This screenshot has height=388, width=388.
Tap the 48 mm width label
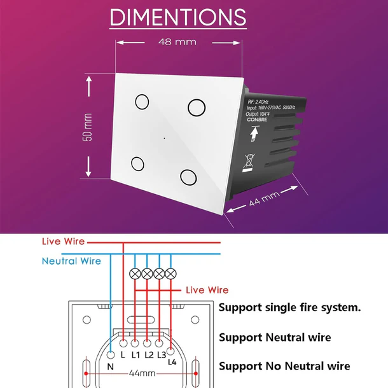click(x=177, y=42)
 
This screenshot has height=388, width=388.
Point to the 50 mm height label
click(x=88, y=127)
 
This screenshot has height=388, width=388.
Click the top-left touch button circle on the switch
click(x=141, y=101)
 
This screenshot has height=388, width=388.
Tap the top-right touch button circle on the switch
click(x=196, y=106)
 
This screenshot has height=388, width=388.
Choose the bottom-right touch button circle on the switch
click(x=188, y=176)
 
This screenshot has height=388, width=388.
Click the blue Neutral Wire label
click(x=71, y=261)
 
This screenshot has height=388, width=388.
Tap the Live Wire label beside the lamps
click(x=207, y=290)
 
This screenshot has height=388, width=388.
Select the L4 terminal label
click(x=172, y=362)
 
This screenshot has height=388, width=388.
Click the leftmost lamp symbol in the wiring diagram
click(x=135, y=274)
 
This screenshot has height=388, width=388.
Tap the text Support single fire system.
click(x=290, y=307)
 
